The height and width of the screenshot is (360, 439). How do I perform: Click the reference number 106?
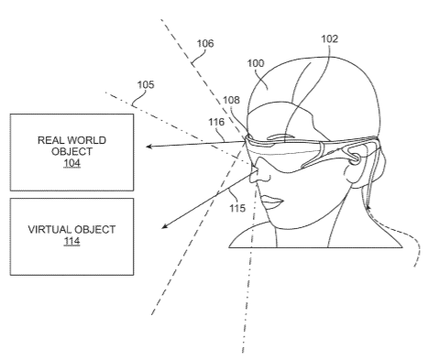[205, 43]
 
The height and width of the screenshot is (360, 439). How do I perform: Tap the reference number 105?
[146, 84]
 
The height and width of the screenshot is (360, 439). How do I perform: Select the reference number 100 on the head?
[256, 63]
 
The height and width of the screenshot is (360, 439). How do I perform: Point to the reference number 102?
[330, 38]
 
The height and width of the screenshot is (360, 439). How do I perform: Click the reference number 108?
[231, 100]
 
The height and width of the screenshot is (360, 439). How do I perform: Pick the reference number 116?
[216, 122]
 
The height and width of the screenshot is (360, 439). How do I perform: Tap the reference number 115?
[237, 208]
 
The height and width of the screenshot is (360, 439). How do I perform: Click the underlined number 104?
[71, 163]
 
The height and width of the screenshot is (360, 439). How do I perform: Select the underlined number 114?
[71, 241]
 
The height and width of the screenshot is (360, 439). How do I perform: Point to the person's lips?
[272, 202]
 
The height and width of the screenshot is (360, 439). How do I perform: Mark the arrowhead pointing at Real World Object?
[148, 147]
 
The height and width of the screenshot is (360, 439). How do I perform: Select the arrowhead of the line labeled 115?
[164, 226]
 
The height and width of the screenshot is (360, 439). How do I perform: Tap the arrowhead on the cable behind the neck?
[368, 208]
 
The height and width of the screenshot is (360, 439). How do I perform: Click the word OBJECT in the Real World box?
[71, 152]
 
